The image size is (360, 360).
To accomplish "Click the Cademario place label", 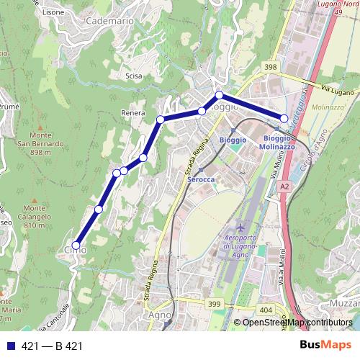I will (109, 22).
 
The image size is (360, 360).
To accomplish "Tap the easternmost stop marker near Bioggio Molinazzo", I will (284, 118).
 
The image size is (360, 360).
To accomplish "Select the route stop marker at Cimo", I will (76, 246).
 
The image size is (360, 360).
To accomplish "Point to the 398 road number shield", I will (270, 67).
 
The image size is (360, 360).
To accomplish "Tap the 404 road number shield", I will (266, 310).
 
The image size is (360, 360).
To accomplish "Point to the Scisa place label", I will (133, 75).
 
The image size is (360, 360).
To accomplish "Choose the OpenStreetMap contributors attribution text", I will (297, 323).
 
